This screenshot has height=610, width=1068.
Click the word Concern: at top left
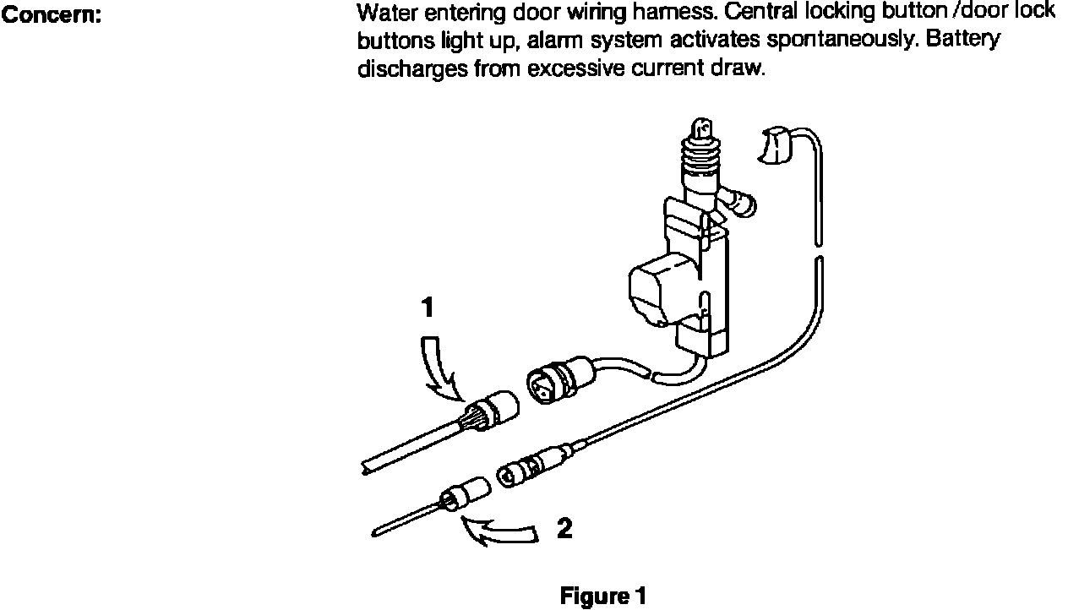click(53, 14)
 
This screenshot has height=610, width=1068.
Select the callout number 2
click(564, 529)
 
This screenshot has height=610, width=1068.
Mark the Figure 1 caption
click(602, 596)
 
